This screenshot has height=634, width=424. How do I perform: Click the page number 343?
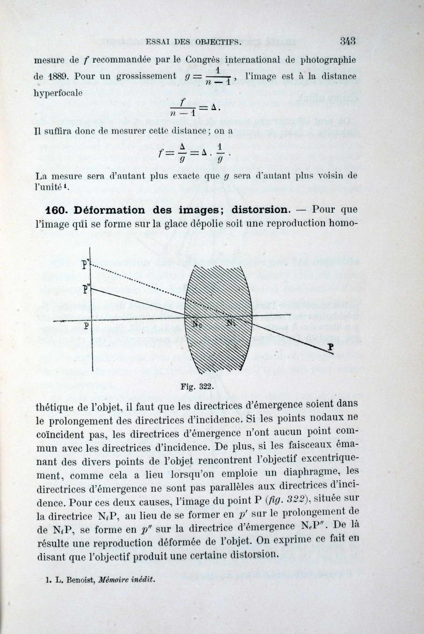pos(348,41)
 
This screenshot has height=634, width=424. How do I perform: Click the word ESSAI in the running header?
pos(156,42)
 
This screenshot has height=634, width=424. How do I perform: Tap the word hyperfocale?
pos(58,93)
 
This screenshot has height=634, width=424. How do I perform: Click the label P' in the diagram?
pos(85,264)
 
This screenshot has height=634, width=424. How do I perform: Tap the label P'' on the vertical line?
pos(85,289)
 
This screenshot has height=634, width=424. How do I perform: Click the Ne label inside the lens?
pos(198,325)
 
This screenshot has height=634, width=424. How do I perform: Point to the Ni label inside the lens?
pos(231,322)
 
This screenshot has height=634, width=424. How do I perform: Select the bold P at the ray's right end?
pos(331,347)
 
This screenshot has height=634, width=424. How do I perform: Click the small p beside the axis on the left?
pos(86,325)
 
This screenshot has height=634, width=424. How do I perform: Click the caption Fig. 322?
pos(197,387)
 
